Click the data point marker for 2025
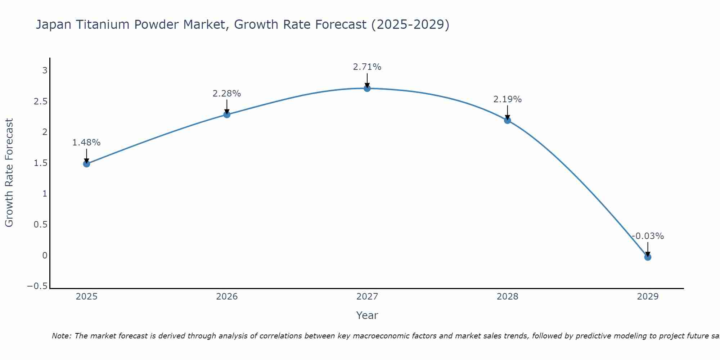86,164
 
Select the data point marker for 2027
367,88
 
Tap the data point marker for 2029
648,257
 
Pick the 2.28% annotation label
226,94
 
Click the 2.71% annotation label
367,67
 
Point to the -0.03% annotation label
648,236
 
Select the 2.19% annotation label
507,99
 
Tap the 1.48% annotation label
86,143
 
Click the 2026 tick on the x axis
227,297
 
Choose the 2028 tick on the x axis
507,297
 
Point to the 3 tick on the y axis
45,70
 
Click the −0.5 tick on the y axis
37,286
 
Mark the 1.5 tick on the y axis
40,163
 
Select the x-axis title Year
367,315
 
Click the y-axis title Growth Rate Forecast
9,173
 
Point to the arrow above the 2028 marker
507,112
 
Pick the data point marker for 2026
226,114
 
